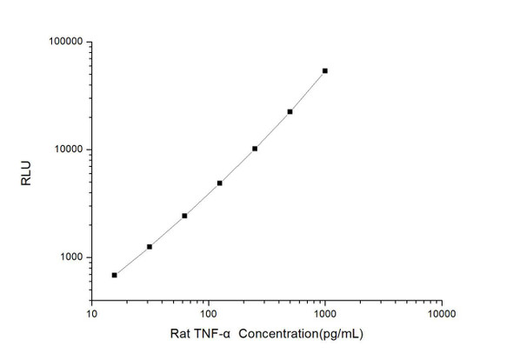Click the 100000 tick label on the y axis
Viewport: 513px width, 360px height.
(x=64, y=42)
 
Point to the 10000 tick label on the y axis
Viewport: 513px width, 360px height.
(x=67, y=150)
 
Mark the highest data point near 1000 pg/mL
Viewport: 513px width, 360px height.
(x=325, y=70)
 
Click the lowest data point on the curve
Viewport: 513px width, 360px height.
(x=115, y=275)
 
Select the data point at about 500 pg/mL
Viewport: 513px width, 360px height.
(x=290, y=111)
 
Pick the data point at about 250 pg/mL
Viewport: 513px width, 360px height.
(x=255, y=149)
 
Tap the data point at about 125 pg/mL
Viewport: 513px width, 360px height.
(x=220, y=183)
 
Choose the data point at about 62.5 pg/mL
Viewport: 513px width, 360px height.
(x=184, y=216)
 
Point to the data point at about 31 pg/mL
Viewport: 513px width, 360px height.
(x=150, y=247)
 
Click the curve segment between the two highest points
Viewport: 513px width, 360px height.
(x=308, y=90)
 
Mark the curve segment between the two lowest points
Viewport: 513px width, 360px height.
(x=132, y=261)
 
